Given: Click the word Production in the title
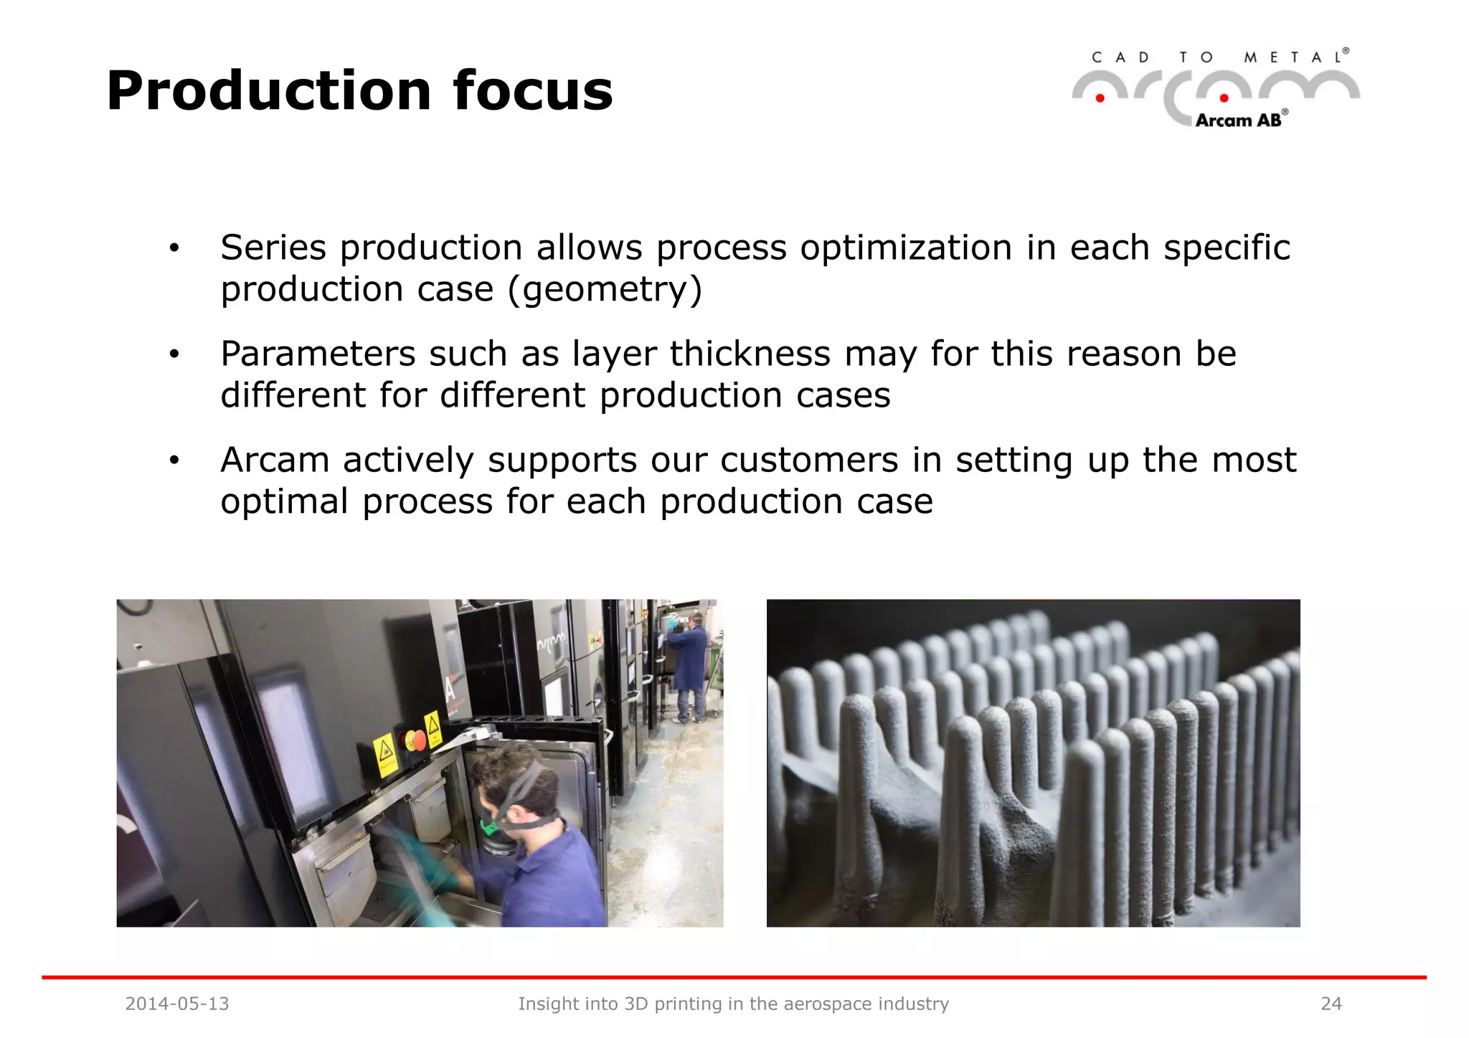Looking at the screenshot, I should coord(269,91).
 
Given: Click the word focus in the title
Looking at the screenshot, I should coord(533,91).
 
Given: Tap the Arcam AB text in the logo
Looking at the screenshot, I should coord(1238,121).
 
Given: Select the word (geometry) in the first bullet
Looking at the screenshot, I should coord(605,290).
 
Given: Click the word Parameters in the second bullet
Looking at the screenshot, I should coord(318,354).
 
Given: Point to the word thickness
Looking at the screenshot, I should coord(750,354).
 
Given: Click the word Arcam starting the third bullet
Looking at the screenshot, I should coord(275,460).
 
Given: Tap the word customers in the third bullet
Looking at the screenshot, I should coord(809,460).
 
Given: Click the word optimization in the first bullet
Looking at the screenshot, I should coord(906,248).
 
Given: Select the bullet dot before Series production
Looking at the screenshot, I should coord(174,249).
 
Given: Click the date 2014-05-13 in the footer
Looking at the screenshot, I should coord(177,1004).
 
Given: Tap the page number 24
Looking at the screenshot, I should coord(1331,1004).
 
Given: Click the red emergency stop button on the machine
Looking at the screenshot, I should coord(416,740).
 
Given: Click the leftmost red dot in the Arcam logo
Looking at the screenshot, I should coord(1100,98).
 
